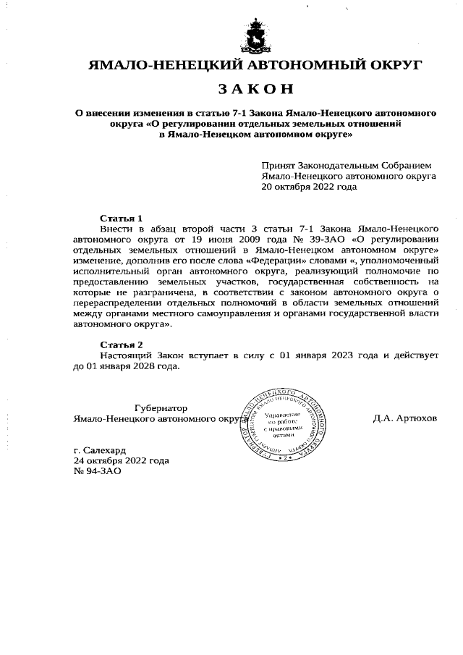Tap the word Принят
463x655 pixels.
click(278, 165)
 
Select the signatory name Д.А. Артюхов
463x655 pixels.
click(405, 419)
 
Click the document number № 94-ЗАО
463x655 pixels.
click(98, 470)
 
